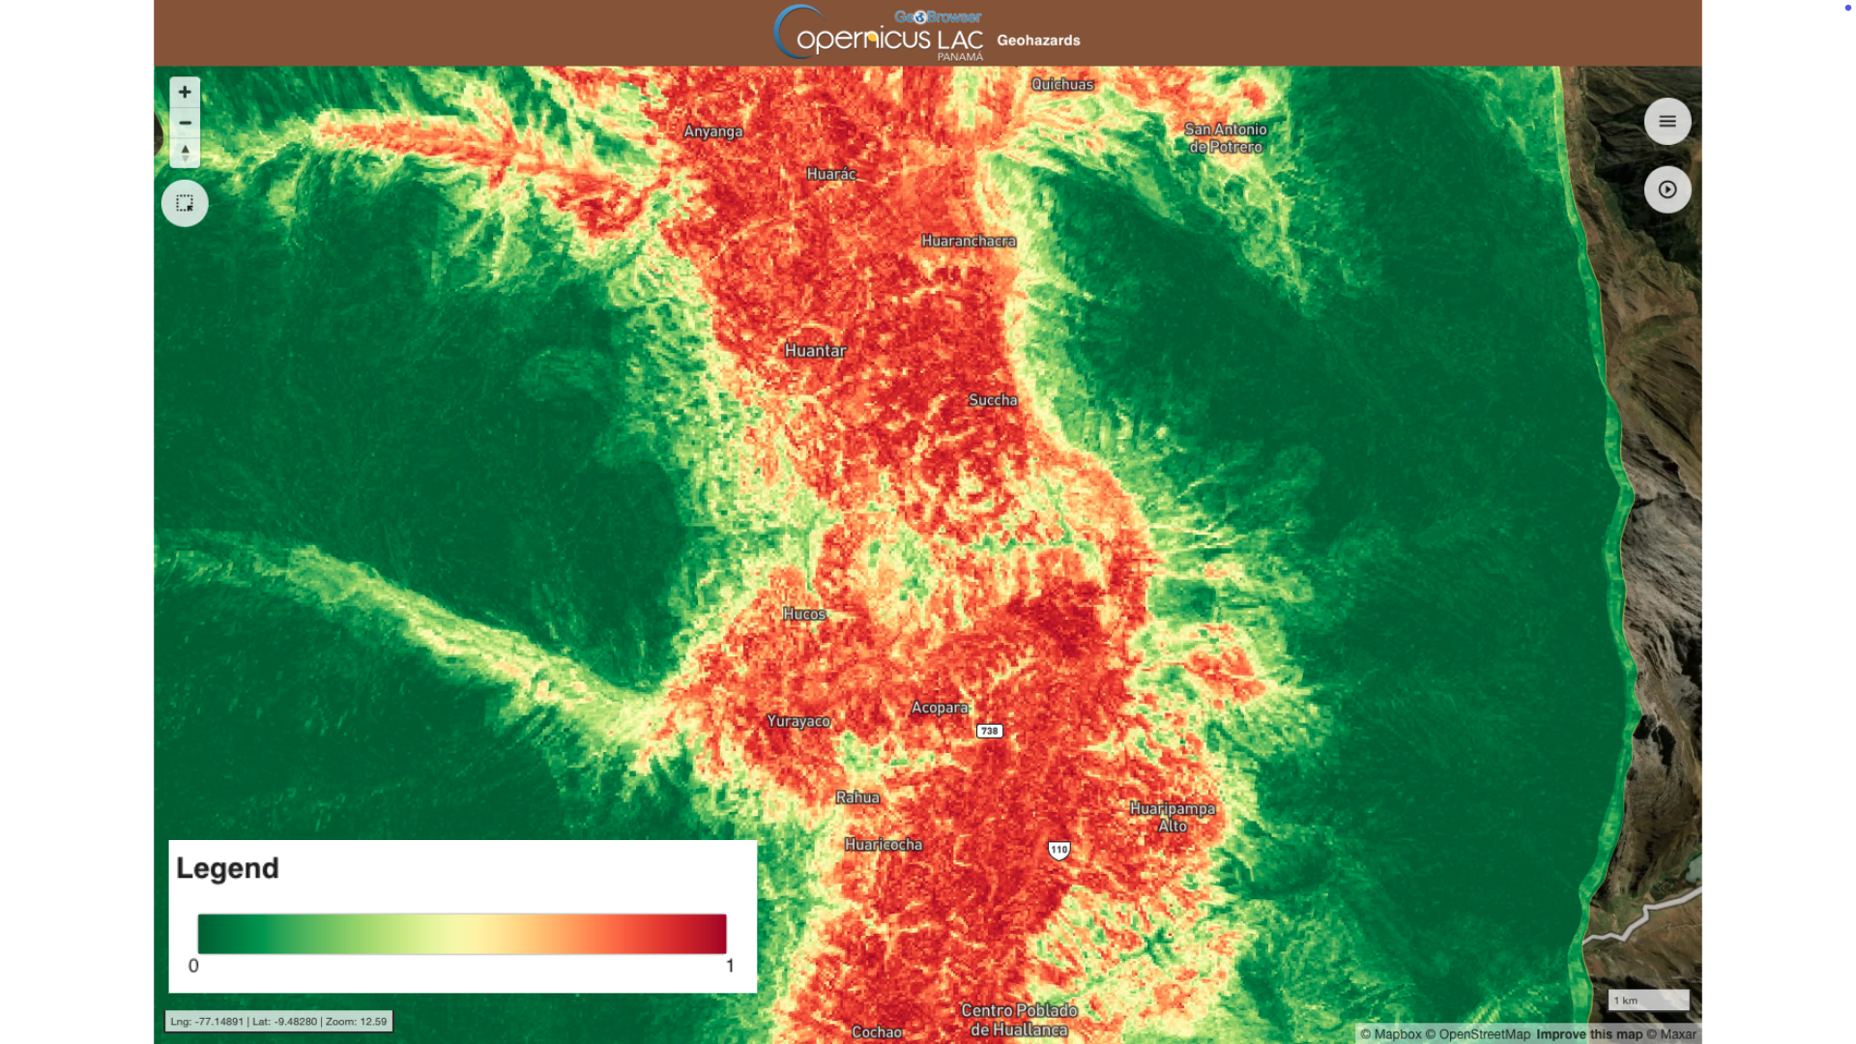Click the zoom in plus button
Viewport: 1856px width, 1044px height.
[x=185, y=92]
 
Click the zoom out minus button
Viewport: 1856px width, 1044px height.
[x=185, y=123]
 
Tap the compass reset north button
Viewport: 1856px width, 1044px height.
[x=185, y=153]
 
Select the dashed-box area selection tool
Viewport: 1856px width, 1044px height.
[x=185, y=203]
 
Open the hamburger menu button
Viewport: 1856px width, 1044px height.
[x=1667, y=121]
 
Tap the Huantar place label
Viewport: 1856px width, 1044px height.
[x=815, y=351]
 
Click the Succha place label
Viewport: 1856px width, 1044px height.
[x=993, y=400]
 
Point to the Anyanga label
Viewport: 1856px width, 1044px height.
[x=712, y=131]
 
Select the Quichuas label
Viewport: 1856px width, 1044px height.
[x=1062, y=84]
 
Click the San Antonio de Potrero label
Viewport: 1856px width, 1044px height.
[x=1225, y=138]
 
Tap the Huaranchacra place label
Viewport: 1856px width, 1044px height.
[x=968, y=241]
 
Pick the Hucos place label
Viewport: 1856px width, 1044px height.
[x=804, y=614]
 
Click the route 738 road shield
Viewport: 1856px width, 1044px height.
[x=989, y=731]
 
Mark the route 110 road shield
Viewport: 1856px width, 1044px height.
[x=1058, y=850]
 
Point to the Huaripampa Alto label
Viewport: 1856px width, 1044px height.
[x=1172, y=817]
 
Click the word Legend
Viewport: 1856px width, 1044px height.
[x=227, y=868]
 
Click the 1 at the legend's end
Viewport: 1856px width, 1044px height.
[x=730, y=966]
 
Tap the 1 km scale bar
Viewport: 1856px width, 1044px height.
[x=1648, y=1000]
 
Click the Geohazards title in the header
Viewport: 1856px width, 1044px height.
[x=1038, y=41]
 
